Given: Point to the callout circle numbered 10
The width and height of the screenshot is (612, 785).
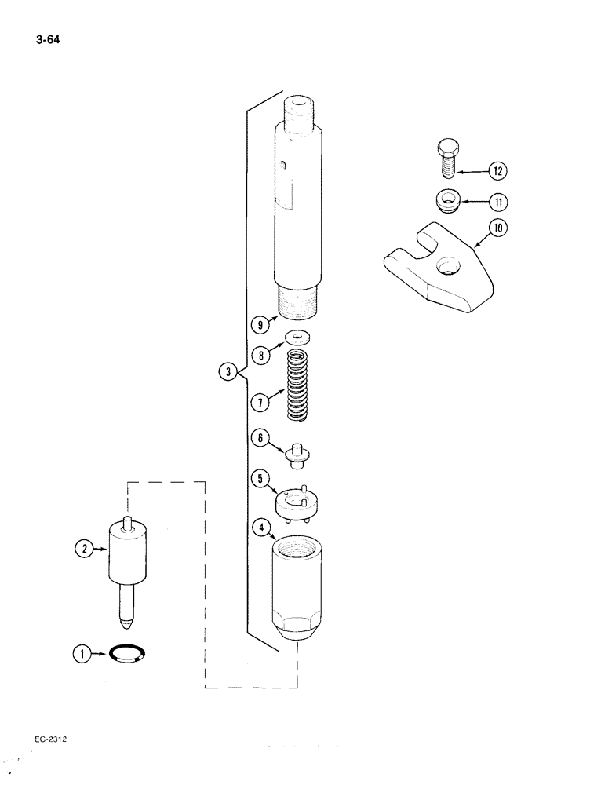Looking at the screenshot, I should tap(497, 229).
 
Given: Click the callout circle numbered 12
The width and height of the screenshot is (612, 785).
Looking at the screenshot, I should tap(497, 171).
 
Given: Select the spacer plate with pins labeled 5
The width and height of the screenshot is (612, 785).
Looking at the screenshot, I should tap(296, 502).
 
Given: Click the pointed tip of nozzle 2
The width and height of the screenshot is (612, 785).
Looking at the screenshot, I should tap(124, 626).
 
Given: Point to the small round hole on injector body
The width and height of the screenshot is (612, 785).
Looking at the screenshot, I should tap(286, 165).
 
